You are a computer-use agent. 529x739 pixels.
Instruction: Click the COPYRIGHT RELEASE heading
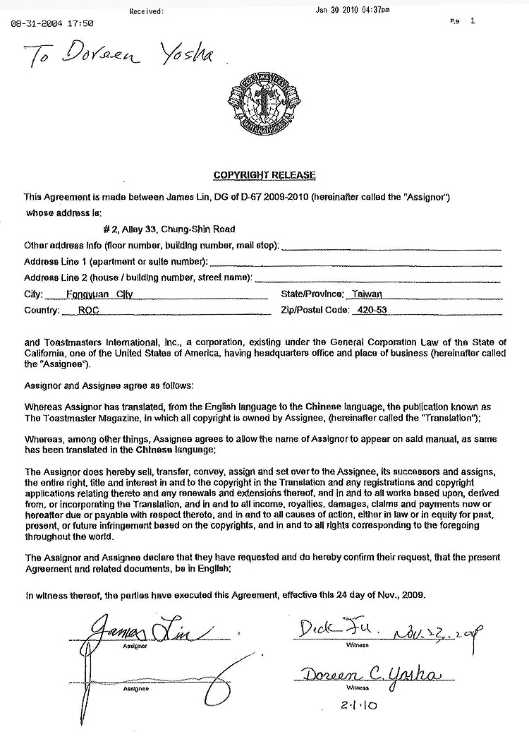click(264, 175)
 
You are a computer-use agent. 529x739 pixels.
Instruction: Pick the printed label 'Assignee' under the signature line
click(134, 689)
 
